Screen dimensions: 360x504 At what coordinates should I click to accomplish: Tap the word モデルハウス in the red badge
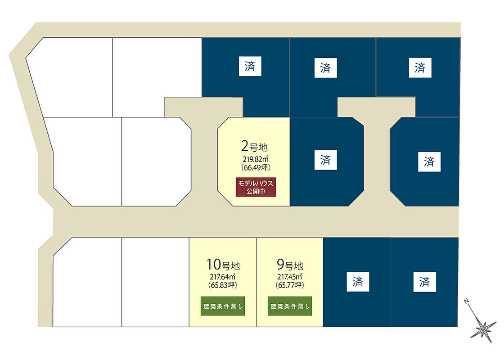click(x=256, y=183)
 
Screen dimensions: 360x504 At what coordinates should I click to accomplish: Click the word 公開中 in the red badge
click(x=256, y=191)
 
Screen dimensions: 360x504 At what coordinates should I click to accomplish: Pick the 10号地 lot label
click(x=223, y=264)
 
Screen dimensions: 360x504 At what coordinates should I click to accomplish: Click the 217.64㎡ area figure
click(x=223, y=277)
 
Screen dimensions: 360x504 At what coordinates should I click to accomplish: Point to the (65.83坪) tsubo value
click(x=223, y=285)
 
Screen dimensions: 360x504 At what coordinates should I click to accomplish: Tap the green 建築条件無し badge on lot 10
click(x=223, y=306)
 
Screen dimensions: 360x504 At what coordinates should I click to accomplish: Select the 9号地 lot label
click(x=290, y=264)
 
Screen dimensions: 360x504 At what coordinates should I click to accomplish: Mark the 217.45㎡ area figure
click(x=290, y=277)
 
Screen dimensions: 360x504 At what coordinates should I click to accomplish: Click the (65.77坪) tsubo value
click(x=290, y=285)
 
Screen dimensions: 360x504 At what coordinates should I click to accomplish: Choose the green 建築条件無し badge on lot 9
click(x=290, y=306)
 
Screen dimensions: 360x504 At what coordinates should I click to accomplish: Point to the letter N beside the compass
click(x=468, y=301)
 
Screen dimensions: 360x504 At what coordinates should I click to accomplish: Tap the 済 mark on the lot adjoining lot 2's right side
click(x=325, y=160)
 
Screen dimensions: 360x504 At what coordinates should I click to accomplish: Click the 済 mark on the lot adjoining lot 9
click(x=357, y=282)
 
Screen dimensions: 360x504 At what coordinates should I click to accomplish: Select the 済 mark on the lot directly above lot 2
click(x=250, y=67)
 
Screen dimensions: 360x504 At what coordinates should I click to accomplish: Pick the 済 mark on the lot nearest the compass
click(x=424, y=282)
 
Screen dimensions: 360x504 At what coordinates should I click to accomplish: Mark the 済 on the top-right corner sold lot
click(x=420, y=68)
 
